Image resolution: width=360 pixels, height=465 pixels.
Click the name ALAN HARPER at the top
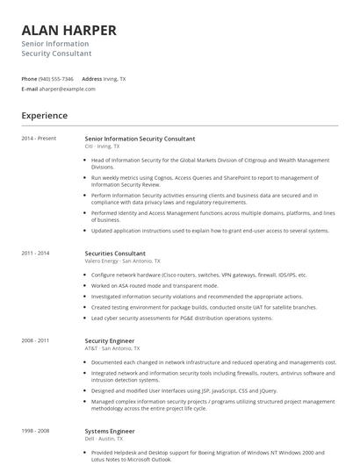point(68,30)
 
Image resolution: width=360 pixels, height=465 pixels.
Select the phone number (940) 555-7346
point(56,79)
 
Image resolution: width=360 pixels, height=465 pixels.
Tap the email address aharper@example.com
point(68,89)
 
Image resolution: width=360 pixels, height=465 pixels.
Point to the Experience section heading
point(45,116)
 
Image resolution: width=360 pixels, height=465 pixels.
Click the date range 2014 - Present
point(39,139)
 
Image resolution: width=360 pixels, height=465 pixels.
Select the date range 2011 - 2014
point(36,253)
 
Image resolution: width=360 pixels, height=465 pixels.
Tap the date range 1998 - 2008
point(36,432)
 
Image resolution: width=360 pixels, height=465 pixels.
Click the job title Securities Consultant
point(115,253)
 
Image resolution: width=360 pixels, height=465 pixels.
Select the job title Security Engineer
point(111,340)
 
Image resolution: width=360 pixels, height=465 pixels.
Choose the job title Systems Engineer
point(110,432)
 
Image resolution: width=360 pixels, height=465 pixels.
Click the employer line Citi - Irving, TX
point(103,147)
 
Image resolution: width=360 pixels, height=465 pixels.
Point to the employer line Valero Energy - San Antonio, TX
point(121,261)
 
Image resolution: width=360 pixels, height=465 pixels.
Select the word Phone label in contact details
point(29,79)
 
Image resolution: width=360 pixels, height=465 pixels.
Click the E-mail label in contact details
point(30,89)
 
